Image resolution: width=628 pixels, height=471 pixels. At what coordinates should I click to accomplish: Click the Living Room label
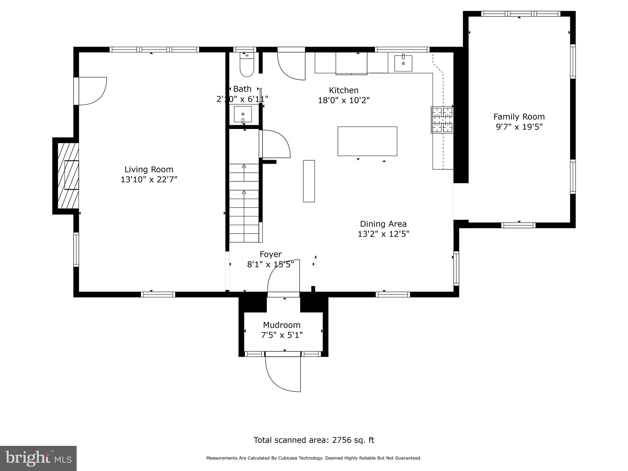(x=149, y=169)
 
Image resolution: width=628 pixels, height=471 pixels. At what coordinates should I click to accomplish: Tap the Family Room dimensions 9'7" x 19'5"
(x=519, y=127)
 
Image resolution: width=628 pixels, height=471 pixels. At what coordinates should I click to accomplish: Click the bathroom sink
(x=243, y=114)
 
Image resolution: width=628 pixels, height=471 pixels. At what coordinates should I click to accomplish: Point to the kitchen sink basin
(x=403, y=63)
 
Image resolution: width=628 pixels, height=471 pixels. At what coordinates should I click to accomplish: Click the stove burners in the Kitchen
(x=442, y=120)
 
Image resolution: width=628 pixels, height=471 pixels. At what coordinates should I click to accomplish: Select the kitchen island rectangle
(x=367, y=141)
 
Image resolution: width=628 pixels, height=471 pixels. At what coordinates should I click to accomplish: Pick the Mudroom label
(x=281, y=325)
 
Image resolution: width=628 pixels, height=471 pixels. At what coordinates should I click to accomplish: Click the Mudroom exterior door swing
(x=283, y=374)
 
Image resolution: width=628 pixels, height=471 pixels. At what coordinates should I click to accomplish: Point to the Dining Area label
(x=383, y=224)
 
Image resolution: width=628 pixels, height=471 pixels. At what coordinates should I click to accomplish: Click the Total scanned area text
(x=314, y=440)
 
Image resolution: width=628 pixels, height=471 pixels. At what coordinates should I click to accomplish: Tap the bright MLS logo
(x=38, y=458)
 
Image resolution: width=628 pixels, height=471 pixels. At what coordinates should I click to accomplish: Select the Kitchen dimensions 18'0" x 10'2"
(x=343, y=100)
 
